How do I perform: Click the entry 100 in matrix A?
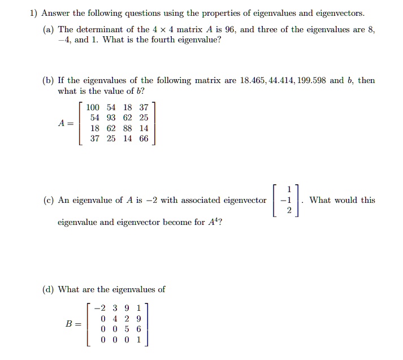(x=93, y=107)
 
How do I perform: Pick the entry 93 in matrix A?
(x=111, y=118)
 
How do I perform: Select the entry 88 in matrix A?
(x=127, y=128)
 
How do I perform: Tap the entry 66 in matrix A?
(x=143, y=139)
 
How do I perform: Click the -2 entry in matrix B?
(x=99, y=308)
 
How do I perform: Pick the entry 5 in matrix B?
(x=127, y=329)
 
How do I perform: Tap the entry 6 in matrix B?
(x=139, y=329)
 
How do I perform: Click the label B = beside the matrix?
(x=73, y=324)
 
